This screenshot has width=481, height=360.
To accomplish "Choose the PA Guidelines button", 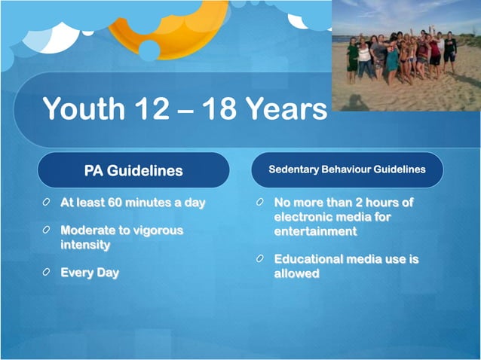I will pos(133,170).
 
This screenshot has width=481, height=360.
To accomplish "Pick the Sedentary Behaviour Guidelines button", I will pos(347,169).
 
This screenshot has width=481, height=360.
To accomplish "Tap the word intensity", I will pos(85,245).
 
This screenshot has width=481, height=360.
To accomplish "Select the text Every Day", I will pos(90,273).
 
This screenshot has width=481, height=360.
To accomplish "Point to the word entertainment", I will pos(315,231).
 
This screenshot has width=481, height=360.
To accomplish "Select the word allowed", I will pos(296,273).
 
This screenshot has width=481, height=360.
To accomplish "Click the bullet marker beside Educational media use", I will pos(259,259).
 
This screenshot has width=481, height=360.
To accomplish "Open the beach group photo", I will pos(406,55).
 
